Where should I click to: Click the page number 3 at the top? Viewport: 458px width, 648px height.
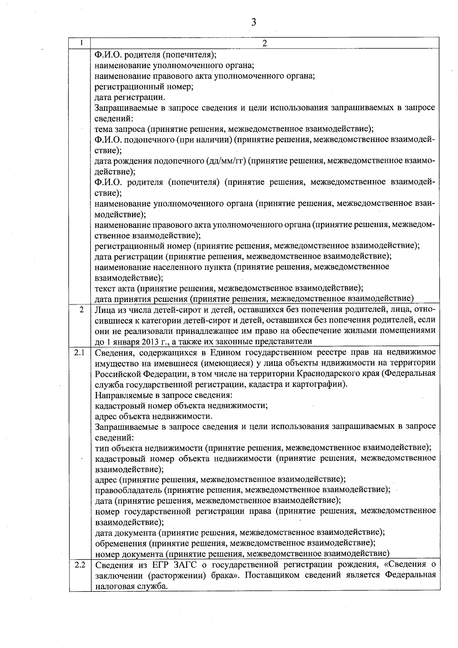point(254,22)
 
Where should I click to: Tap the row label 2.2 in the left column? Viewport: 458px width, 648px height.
point(80,565)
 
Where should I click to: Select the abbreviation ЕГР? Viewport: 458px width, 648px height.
point(158,565)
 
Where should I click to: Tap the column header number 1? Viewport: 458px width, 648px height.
point(81,43)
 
